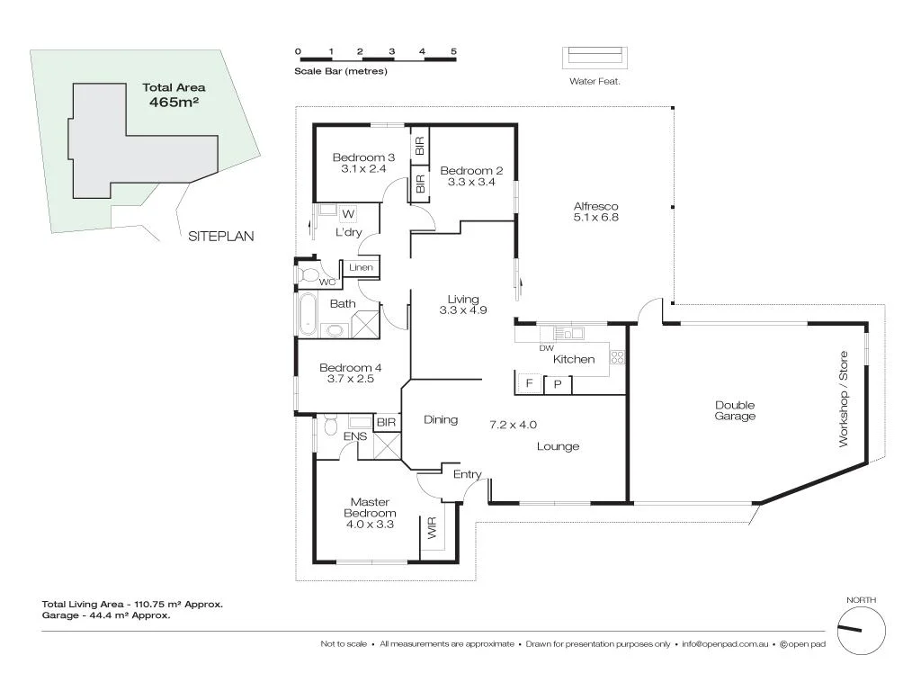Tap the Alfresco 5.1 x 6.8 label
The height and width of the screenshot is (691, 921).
tap(595, 211)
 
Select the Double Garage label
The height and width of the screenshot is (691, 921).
tap(734, 410)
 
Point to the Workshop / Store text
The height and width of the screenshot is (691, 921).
tap(844, 399)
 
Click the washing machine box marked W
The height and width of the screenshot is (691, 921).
tap(348, 213)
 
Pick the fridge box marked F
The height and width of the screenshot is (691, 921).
tap(529, 384)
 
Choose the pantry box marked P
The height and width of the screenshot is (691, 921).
tap(558, 384)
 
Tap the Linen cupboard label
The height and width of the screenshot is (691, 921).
tap(361, 268)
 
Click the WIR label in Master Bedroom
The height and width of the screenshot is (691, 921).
tap(432, 527)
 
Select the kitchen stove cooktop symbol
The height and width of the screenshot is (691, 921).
tap(617, 358)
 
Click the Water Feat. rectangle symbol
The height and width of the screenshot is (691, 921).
tap(595, 57)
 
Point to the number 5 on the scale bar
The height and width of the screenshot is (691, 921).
tap(454, 51)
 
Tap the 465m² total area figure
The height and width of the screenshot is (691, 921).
tap(174, 103)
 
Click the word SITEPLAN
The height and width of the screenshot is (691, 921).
tap(221, 237)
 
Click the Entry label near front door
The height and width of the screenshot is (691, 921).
tap(467, 474)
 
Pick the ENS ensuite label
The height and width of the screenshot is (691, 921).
tap(354, 436)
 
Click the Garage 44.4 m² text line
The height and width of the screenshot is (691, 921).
tap(106, 616)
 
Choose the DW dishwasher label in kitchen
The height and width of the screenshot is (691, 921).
tap(546, 348)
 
